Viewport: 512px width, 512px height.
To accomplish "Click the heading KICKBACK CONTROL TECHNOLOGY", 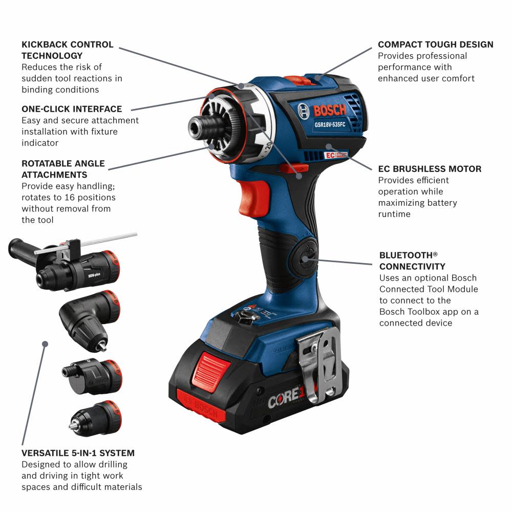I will [x=68, y=50].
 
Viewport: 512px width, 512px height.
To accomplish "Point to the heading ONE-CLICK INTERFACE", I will [x=72, y=109].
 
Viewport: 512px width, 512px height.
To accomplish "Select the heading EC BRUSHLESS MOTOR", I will [x=430, y=169].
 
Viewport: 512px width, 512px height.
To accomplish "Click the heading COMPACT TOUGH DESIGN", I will [x=436, y=45].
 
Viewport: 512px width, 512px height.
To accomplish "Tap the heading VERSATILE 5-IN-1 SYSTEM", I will [x=78, y=453].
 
